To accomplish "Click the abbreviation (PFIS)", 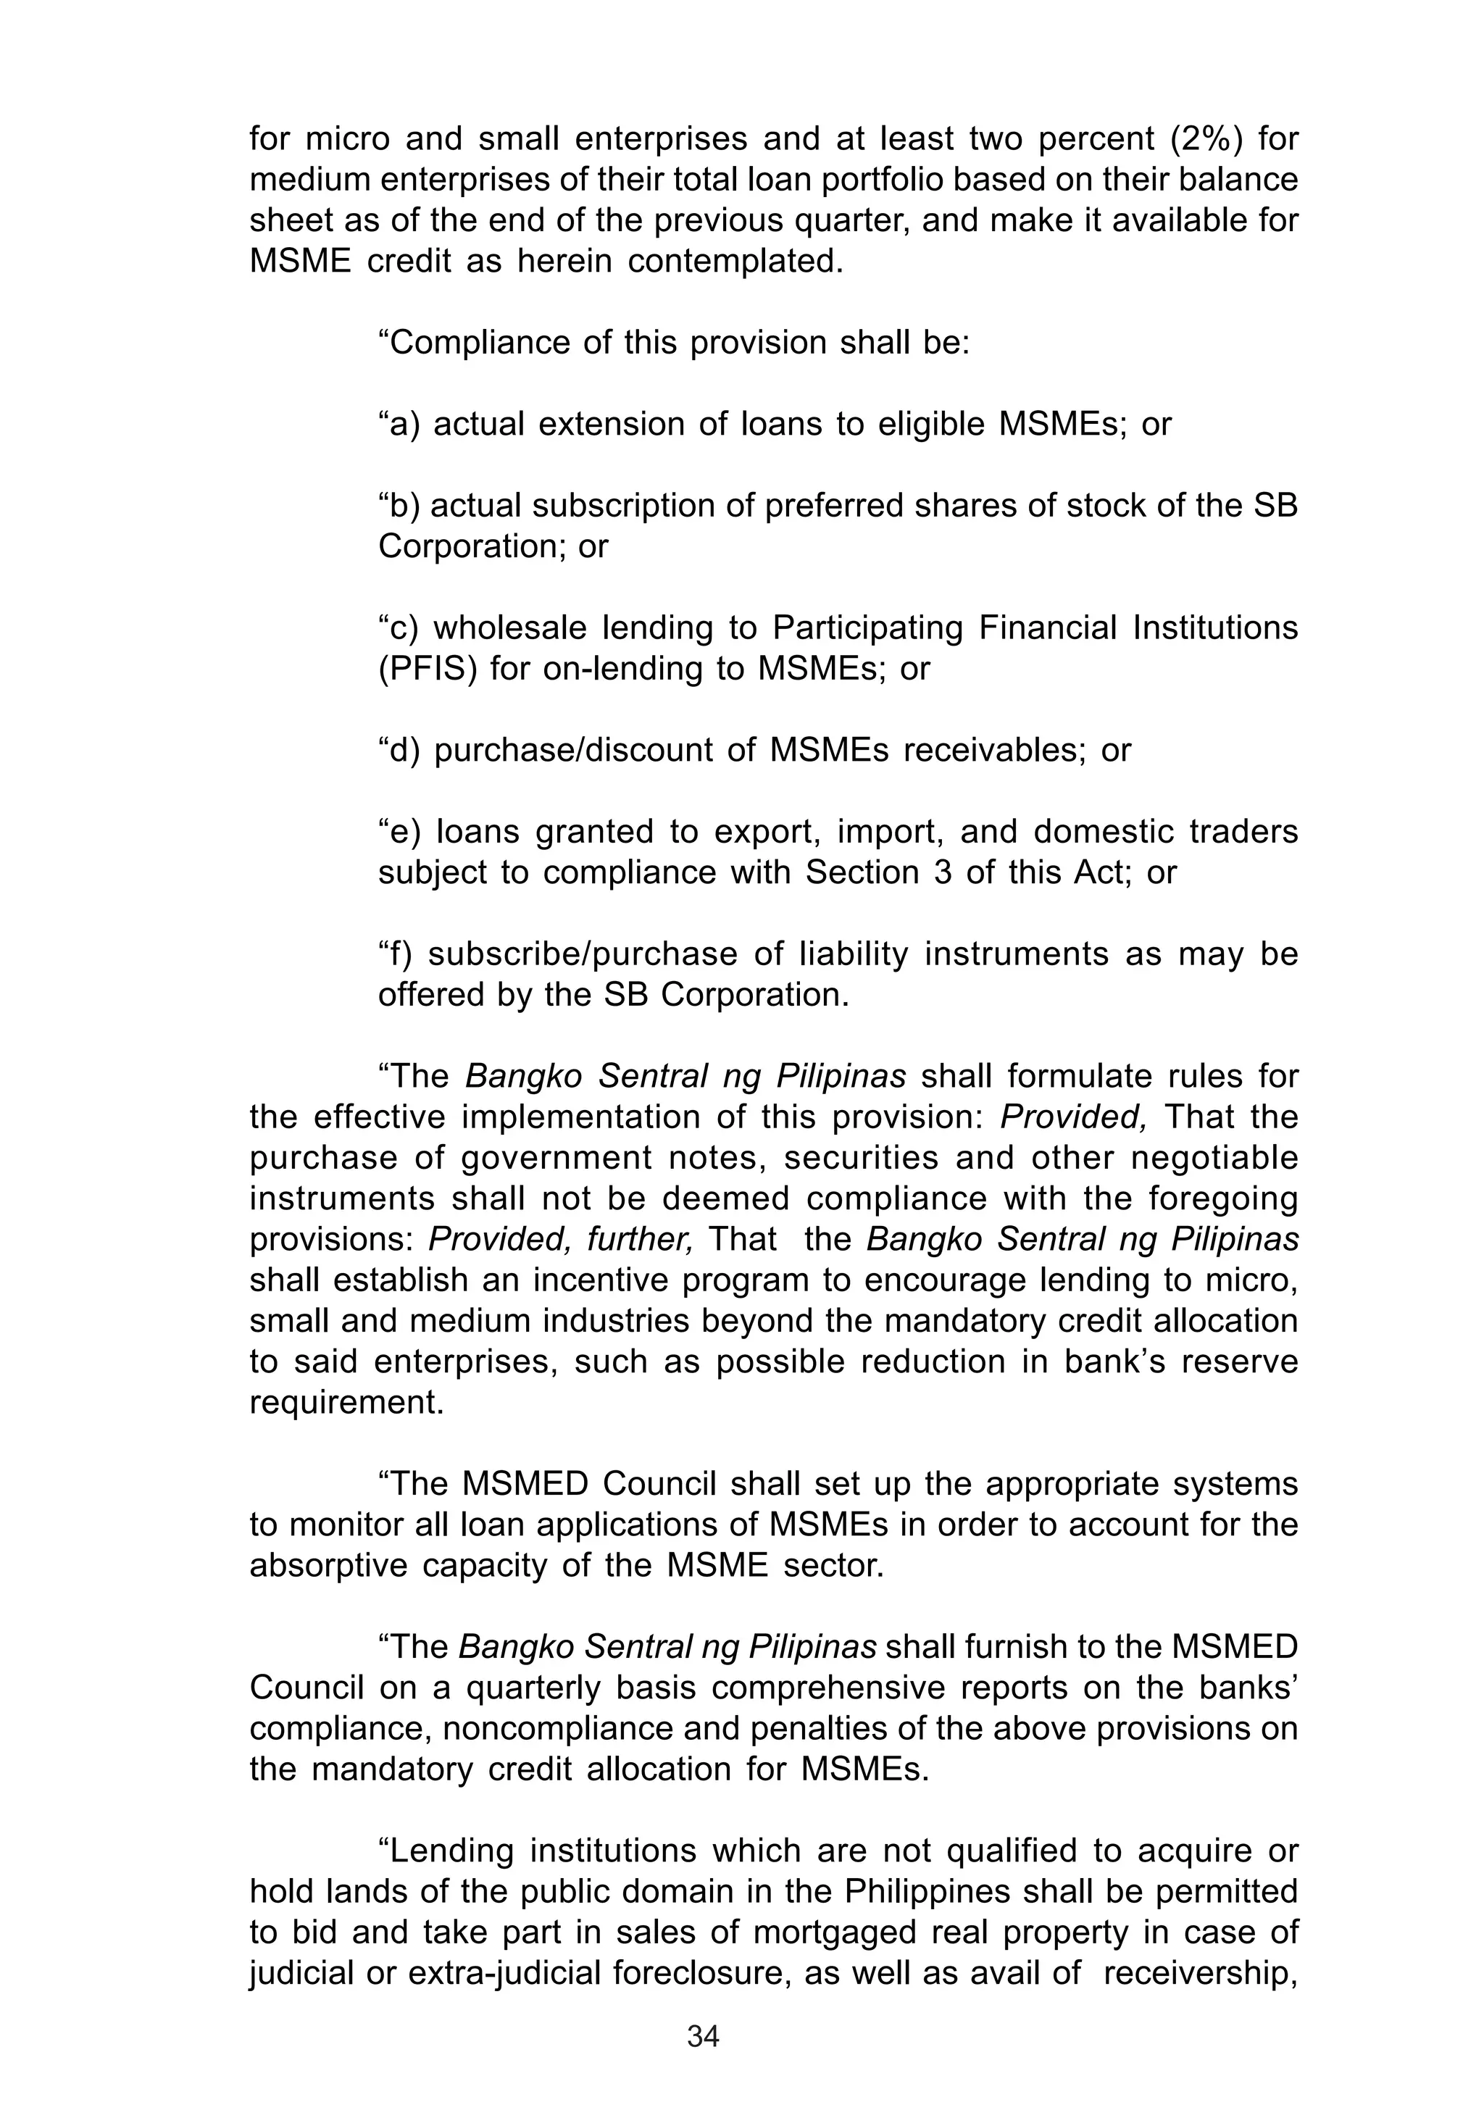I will coord(428,669).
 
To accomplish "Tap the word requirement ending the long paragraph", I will coord(346,1402).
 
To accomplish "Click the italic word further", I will coord(652,1240).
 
